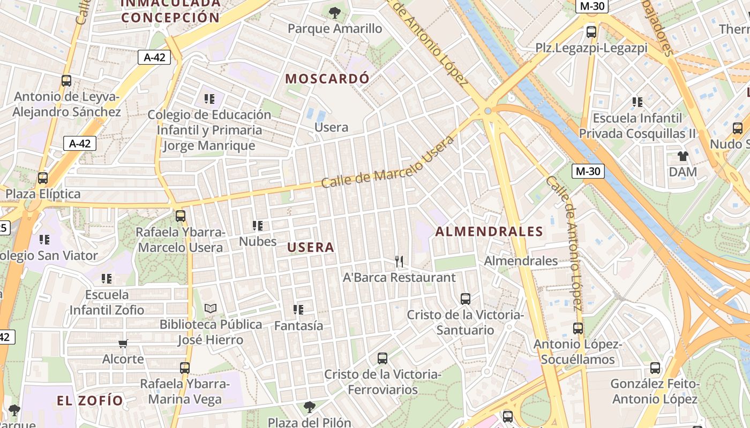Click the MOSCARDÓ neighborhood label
click(327, 79)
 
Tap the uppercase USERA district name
click(311, 247)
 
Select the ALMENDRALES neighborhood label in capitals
click(489, 231)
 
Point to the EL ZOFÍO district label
click(90, 400)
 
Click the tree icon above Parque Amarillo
click(335, 12)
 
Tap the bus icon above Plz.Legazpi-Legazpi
click(591, 32)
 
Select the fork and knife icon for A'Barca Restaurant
click(399, 261)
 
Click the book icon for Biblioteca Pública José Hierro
click(211, 308)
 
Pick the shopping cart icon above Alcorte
click(123, 343)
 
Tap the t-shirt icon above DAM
click(682, 156)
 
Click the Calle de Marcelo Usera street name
click(388, 161)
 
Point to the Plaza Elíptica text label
click(43, 194)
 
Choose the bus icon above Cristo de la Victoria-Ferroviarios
click(382, 358)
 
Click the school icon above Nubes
click(258, 226)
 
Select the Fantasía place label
click(298, 325)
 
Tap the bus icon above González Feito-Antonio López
click(655, 368)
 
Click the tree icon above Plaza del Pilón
click(309, 407)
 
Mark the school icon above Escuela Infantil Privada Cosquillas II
click(637, 102)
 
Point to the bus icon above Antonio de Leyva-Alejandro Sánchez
click(66, 81)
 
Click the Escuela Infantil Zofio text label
click(107, 302)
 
